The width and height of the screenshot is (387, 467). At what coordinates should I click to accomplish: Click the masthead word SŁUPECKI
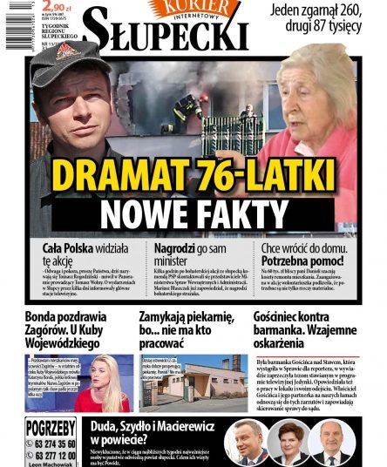[x=166, y=35]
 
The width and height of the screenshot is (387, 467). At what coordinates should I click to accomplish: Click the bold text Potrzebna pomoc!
[x=295, y=261]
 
